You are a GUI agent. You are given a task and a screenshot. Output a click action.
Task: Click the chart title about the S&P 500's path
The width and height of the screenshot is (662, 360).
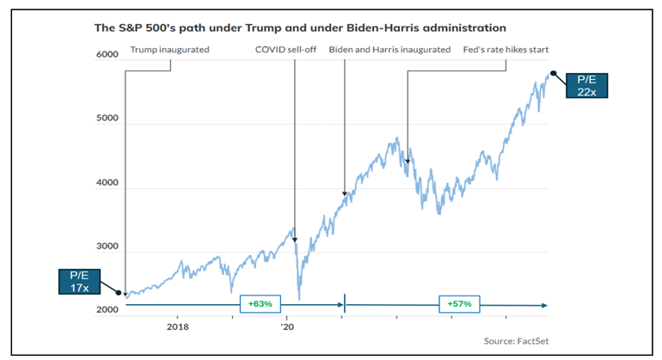point(300,28)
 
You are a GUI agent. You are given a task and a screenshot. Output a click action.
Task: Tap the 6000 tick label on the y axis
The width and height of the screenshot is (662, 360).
point(106,55)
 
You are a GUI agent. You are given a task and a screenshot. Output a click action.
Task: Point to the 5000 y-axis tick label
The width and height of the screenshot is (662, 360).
point(106,124)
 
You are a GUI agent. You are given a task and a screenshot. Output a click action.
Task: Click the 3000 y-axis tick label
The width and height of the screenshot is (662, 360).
point(106,247)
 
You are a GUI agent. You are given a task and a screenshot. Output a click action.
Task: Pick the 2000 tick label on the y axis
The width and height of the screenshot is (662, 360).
point(106,310)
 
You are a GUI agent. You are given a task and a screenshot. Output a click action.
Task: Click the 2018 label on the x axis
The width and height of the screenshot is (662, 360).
point(178,327)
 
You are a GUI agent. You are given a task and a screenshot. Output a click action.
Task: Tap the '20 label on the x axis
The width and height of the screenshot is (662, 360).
point(287,327)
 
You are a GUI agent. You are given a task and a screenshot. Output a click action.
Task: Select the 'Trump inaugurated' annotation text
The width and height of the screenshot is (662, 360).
point(169,50)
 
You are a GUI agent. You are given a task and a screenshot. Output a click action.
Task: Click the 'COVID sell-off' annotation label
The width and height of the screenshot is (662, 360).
point(286,50)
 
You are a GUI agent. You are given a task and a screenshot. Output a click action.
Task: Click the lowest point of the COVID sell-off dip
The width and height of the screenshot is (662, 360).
point(299,299)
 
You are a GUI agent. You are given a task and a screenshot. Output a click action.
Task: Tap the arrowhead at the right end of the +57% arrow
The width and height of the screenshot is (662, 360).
point(547,304)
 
